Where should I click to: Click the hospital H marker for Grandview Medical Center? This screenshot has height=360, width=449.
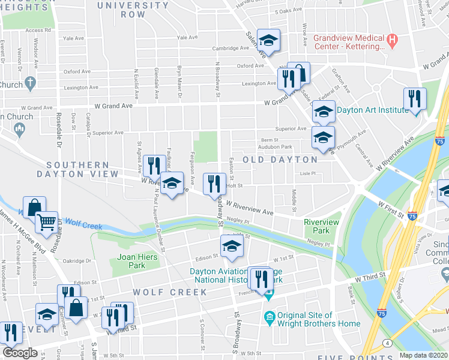pyautogui.click(x=393, y=41)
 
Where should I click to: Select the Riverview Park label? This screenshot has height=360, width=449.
pyautogui.click(x=321, y=226)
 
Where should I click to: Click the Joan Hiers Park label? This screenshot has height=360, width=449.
pyautogui.click(x=137, y=261)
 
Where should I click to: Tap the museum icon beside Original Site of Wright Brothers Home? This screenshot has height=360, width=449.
pyautogui.click(x=270, y=316)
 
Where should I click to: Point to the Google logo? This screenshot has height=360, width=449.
pyautogui.click(x=20, y=353)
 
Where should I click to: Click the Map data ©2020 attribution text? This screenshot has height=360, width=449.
pyautogui.click(x=423, y=355)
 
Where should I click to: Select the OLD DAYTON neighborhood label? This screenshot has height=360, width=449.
pyautogui.click(x=280, y=160)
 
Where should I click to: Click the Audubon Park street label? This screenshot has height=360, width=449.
pyautogui.click(x=277, y=146)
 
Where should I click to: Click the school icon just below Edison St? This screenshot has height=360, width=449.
pyautogui.click(x=232, y=245)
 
